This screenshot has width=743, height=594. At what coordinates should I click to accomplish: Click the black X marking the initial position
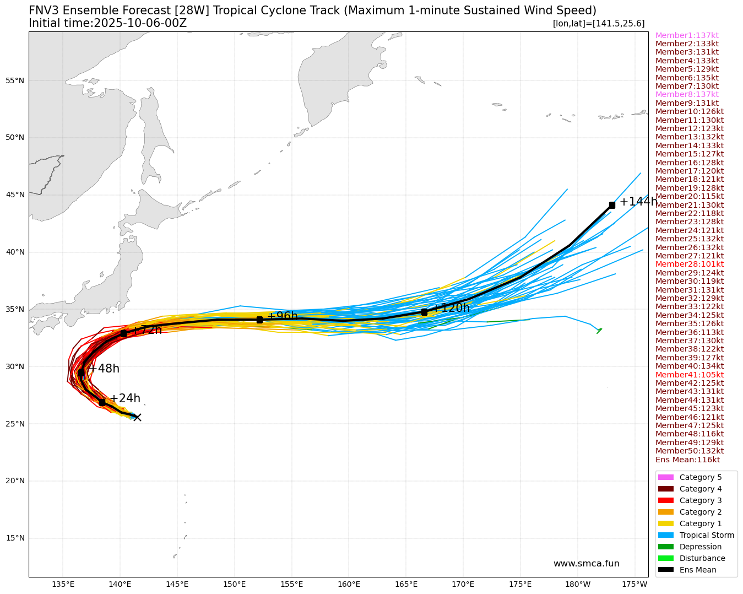(x=137, y=417)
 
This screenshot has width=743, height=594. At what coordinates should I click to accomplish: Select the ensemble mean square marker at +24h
(x=102, y=402)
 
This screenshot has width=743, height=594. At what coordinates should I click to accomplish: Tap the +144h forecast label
(x=638, y=202)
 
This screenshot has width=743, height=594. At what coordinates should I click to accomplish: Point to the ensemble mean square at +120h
(x=424, y=312)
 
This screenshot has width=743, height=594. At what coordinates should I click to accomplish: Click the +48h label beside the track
(x=104, y=369)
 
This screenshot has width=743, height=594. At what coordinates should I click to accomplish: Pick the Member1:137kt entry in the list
(x=687, y=35)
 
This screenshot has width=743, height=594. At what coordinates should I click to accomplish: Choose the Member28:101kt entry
(x=689, y=264)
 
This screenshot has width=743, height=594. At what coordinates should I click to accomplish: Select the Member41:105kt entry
(x=689, y=375)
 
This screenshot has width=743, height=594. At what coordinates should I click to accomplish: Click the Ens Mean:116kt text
(x=687, y=460)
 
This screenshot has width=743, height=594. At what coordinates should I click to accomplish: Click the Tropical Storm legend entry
(x=707, y=535)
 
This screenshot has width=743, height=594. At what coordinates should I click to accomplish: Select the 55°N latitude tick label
(x=15, y=80)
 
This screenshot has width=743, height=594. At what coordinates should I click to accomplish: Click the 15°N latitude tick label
(x=15, y=538)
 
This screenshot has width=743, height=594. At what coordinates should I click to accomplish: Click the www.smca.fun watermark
(x=586, y=563)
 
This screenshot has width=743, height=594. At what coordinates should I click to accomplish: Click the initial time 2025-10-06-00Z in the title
(x=140, y=23)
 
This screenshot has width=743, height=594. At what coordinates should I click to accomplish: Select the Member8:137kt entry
(x=687, y=95)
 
